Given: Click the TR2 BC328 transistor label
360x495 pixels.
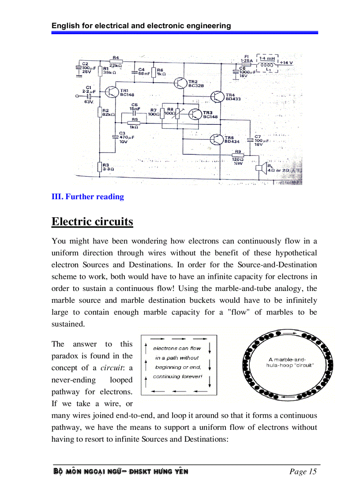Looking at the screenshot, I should tap(196, 84).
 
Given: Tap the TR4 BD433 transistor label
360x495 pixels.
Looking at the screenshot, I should tap(233, 97).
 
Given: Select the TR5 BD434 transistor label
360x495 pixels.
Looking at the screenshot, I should tap(232, 140).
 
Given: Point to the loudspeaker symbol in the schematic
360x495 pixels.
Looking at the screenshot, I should tap(260, 167).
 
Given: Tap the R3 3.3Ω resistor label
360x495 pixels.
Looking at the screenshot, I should tap(109, 167).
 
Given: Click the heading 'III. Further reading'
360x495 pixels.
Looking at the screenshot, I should tap(88, 197).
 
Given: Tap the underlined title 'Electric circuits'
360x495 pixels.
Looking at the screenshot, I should tap(92, 221).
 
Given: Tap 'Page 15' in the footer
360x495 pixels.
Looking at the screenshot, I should tap(303, 472).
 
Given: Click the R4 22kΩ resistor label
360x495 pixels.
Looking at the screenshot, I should tap(116, 61).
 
